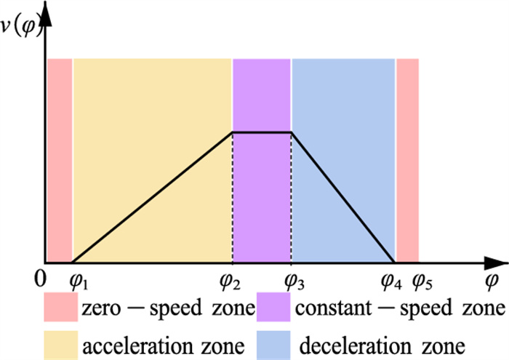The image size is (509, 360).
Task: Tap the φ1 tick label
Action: click(76, 281)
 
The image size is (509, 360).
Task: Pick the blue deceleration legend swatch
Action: click(276, 341)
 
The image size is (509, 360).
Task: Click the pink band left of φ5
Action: click(407, 160)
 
